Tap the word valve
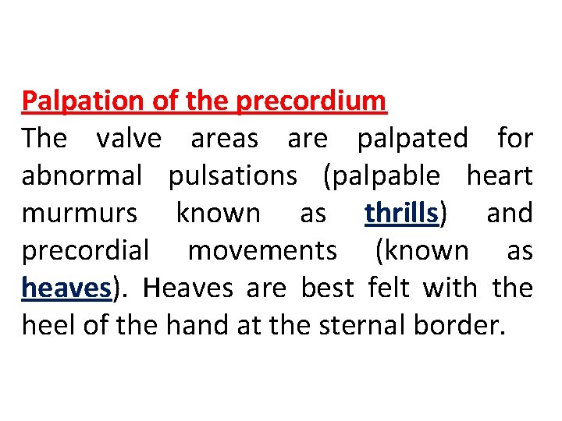click(129, 139)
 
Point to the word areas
click(224, 139)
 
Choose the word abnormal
click(82, 176)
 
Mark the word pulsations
click(233, 176)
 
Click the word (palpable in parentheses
click(381, 176)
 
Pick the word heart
click(500, 176)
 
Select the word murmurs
click(80, 214)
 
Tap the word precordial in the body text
click(85, 251)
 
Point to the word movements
click(262, 251)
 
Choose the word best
click(329, 288)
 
